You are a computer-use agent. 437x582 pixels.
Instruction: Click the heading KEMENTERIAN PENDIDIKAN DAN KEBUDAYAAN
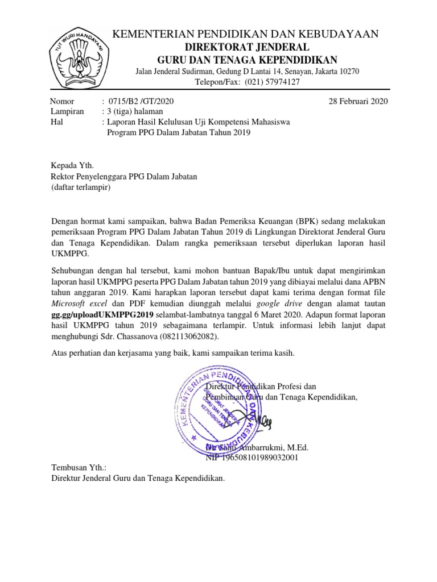[246, 35]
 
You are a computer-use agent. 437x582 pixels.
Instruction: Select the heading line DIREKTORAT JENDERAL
[246, 47]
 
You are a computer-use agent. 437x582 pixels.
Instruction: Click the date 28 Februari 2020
[358, 101]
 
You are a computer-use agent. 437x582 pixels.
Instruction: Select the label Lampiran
[68, 111]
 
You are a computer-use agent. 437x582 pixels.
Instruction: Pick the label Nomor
[63, 101]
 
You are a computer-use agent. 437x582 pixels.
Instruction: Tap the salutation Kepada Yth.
[71, 165]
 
